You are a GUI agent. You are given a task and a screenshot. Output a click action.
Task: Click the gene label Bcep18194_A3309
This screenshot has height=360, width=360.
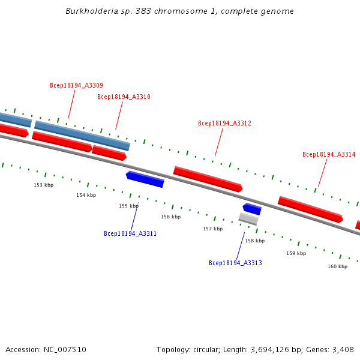[x=76, y=85]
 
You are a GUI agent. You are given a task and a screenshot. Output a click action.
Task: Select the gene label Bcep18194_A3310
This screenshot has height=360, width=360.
[x=124, y=97]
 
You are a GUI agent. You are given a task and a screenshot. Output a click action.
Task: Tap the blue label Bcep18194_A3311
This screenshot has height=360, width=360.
[x=130, y=233]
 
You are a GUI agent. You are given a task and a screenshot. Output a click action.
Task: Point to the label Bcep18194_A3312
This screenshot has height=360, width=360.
[x=224, y=123]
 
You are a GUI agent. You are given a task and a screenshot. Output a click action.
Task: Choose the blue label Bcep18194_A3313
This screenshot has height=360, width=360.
[x=235, y=263]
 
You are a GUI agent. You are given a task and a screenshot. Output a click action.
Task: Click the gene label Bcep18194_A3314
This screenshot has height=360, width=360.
[x=329, y=154]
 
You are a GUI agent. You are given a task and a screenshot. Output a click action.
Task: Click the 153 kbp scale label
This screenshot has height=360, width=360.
[x=43, y=185]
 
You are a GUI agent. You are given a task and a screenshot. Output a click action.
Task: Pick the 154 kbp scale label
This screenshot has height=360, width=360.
[x=86, y=195]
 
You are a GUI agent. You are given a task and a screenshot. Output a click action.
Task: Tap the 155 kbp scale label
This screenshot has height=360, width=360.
[x=128, y=206]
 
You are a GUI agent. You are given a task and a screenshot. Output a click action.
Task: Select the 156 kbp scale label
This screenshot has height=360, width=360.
[x=170, y=217]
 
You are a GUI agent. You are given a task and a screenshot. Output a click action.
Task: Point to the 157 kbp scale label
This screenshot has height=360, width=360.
[x=212, y=229]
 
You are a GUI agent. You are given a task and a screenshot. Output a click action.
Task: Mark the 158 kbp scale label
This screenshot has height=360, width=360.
[x=254, y=241]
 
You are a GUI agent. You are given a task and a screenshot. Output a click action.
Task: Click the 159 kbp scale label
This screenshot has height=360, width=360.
[x=296, y=253]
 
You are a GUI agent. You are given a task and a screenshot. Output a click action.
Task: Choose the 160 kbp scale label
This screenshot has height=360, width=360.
[x=337, y=266]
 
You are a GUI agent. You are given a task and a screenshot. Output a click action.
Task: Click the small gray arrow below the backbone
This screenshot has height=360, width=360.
[x=248, y=219]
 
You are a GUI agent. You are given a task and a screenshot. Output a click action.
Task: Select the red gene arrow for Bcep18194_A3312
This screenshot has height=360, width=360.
[x=208, y=179]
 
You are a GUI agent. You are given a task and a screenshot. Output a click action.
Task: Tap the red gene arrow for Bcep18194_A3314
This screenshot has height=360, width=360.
[x=310, y=209]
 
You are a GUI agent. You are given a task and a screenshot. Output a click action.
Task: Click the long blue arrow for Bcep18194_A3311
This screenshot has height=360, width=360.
[x=145, y=179]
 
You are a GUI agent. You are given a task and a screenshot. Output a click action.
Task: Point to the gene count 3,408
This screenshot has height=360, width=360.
[x=343, y=349]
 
